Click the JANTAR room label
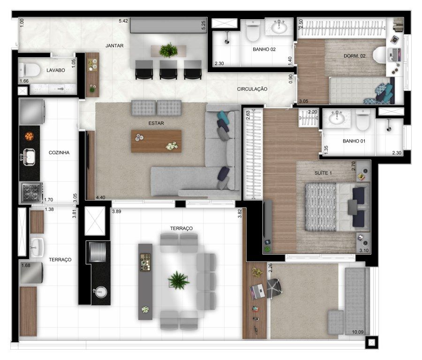coord(114,46)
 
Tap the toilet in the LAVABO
coord(30,70)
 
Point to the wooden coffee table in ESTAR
coord(156,141)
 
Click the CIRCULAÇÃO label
coord(252,89)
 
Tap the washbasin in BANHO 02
coord(279,27)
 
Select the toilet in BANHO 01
coord(363,120)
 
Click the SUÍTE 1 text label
coord(323,173)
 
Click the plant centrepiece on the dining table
coord(168,50)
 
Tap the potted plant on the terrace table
coord(178,280)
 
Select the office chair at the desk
coord(274,288)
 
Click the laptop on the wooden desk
coord(258,292)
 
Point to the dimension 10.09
coord(358,332)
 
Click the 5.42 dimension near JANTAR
coord(123,21)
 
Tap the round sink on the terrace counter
coord(101,292)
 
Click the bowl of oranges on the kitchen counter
coord(29,136)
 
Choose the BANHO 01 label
coord(354,141)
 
